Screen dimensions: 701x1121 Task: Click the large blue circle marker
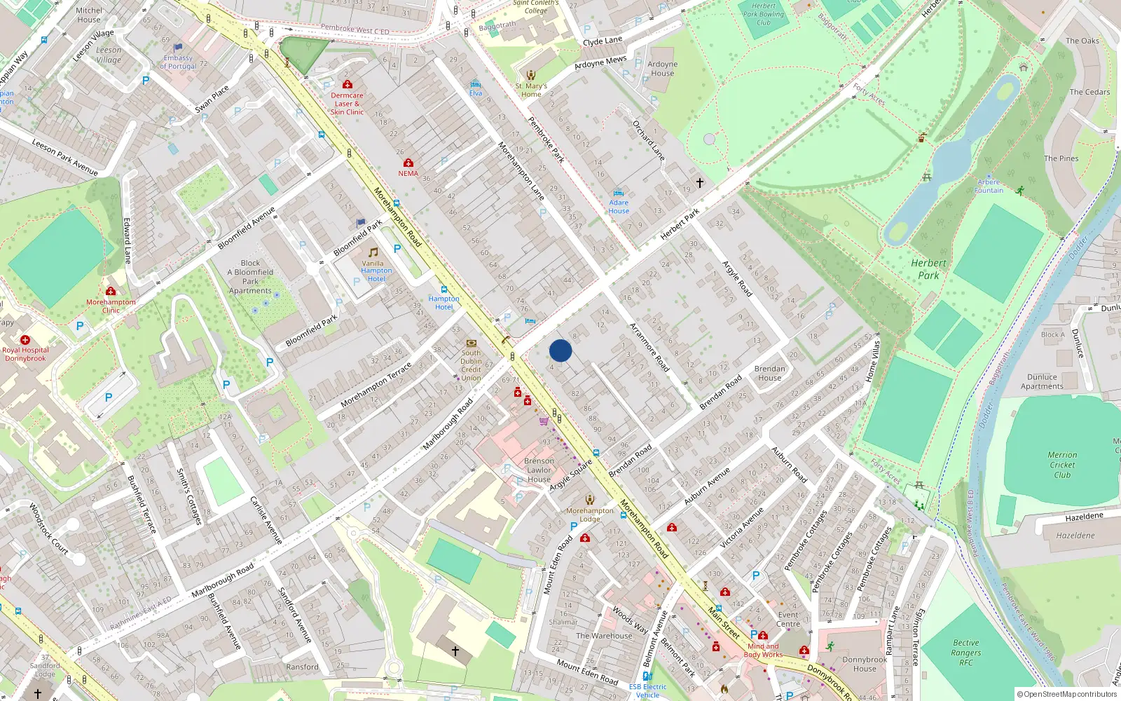pyautogui.click(x=560, y=350)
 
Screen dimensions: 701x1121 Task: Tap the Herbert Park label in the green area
pyautogui.click(x=928, y=269)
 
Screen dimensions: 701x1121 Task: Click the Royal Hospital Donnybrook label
pyautogui.click(x=25, y=354)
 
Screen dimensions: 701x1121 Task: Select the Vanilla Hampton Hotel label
pyautogui.click(x=376, y=271)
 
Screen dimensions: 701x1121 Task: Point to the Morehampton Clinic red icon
pyautogui.click(x=111, y=291)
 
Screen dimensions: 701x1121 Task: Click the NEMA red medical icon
pyautogui.click(x=408, y=163)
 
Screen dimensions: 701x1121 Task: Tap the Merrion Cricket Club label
pyautogui.click(x=1062, y=465)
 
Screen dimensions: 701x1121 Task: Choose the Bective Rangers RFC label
pyautogui.click(x=966, y=653)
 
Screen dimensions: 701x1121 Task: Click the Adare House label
pyautogui.click(x=619, y=207)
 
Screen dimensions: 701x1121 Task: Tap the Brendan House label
pyautogui.click(x=769, y=373)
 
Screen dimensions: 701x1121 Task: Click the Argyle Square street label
pyautogui.click(x=570, y=475)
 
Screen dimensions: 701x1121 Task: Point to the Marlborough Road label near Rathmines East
pyautogui.click(x=223, y=580)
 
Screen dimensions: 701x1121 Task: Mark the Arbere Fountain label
pyautogui.click(x=989, y=186)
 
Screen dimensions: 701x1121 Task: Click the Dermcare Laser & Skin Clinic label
pyautogui.click(x=347, y=104)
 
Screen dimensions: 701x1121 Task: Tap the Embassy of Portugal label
pyautogui.click(x=178, y=62)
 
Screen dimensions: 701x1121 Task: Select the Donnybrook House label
pyautogui.click(x=865, y=664)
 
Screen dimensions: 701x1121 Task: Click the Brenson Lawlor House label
pyautogui.click(x=539, y=470)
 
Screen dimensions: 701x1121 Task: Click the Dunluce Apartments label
pyautogui.click(x=1042, y=381)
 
